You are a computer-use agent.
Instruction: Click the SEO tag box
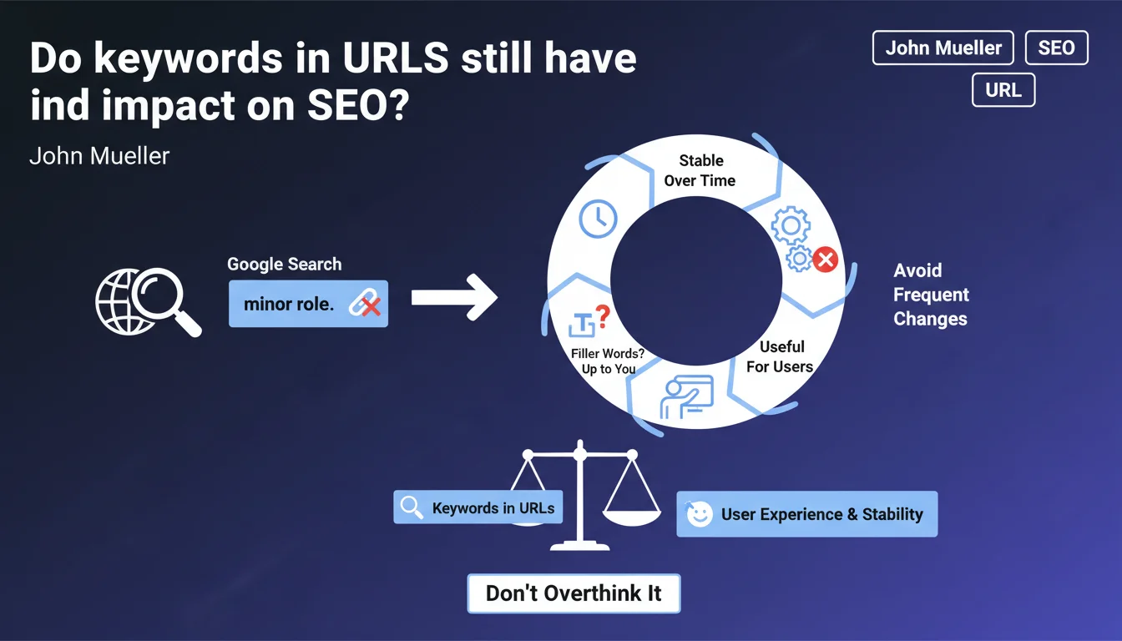pos(1056,48)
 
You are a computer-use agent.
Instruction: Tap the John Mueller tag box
pos(943,48)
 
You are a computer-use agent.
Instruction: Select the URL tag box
pos(1003,90)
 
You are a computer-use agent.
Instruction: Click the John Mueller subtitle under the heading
pos(99,156)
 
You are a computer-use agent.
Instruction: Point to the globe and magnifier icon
pos(149,302)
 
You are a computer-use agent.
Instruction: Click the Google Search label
pos(285,264)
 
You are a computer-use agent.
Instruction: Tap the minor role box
pos(309,304)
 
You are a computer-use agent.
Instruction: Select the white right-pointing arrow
pos(455,297)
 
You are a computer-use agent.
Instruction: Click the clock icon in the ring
pos(598,219)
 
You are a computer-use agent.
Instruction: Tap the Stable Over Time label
pos(700,171)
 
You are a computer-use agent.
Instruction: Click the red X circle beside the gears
pos(826,260)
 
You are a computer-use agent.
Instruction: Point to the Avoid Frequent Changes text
pos(931,295)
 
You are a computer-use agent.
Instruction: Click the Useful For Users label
pos(780,356)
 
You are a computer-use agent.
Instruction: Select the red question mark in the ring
pos(603,316)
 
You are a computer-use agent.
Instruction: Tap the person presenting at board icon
pos(687,397)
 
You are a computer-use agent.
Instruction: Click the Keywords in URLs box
pos(478,507)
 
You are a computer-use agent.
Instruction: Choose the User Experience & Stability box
pos(807,514)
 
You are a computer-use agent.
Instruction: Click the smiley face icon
pos(700,514)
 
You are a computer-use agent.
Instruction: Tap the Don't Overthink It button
pos(574,593)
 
